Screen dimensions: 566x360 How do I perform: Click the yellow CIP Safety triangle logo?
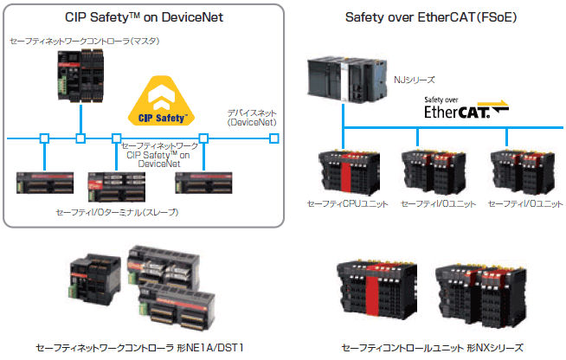161,101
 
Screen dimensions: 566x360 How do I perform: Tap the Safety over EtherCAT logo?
466,107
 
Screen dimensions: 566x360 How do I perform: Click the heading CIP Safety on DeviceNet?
144,17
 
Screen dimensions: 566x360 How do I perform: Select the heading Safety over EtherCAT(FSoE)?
431,17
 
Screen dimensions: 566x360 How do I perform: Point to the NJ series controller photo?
347,79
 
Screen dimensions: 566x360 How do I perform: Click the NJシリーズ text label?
414,80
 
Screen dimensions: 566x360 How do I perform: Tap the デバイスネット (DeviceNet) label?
252,118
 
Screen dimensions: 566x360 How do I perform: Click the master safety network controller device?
80,75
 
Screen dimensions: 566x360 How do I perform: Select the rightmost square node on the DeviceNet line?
274,138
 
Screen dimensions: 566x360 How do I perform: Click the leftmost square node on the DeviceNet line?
44,138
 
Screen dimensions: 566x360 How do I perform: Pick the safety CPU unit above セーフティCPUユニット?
349,172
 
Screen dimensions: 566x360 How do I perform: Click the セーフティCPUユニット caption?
347,203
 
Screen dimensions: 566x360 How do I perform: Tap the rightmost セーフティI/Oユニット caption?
525,203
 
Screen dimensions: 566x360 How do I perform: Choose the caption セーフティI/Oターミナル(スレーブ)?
117,212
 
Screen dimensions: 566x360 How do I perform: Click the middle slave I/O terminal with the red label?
117,186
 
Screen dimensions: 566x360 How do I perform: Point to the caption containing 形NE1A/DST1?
139,348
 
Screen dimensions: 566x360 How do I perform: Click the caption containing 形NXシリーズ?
432,348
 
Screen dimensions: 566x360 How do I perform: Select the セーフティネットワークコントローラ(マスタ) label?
85,42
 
